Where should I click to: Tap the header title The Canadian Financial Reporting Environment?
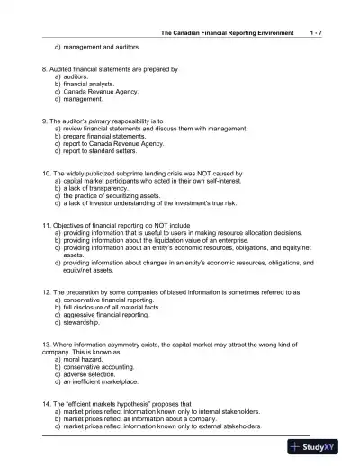(x=227, y=32)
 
